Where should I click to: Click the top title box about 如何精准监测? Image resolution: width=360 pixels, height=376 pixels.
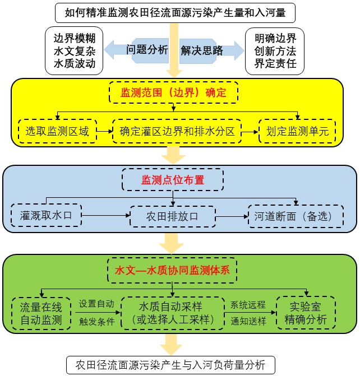click(x=179, y=11)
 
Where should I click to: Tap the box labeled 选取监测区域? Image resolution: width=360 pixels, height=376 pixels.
click(x=57, y=132)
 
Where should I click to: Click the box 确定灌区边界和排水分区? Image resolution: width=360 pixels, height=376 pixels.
click(x=177, y=132)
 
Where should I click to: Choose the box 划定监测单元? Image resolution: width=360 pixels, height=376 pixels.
click(x=297, y=132)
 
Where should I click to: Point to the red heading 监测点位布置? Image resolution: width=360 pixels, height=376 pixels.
click(x=173, y=180)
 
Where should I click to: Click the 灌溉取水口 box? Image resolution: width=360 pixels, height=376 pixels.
click(x=46, y=215)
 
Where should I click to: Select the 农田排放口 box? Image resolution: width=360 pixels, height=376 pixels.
click(x=173, y=216)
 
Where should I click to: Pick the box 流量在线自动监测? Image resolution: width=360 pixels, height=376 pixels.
click(x=41, y=313)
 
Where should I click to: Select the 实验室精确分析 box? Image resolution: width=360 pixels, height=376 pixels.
click(x=306, y=313)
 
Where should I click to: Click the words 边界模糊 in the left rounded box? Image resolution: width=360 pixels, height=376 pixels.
click(x=75, y=39)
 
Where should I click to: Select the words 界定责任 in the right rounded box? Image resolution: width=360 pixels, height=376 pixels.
click(x=275, y=63)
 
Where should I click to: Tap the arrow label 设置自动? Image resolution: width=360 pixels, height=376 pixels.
click(x=96, y=304)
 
